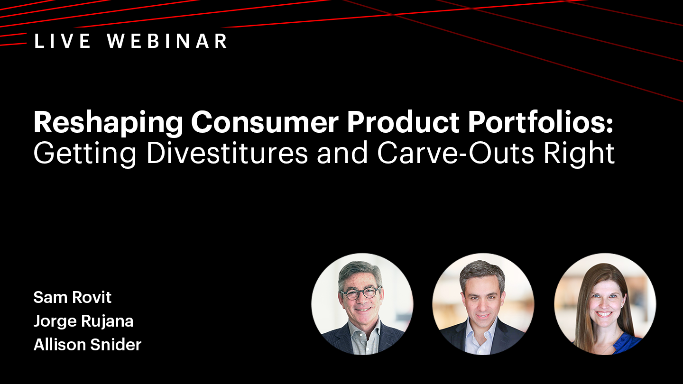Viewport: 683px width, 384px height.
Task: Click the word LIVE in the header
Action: click(63, 41)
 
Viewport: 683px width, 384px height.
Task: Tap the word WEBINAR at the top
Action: click(167, 41)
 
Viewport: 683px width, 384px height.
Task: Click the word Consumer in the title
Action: click(265, 122)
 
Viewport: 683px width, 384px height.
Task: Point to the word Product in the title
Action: click(403, 122)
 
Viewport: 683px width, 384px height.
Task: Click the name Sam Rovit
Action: click(72, 297)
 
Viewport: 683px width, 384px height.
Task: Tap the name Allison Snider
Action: click(87, 345)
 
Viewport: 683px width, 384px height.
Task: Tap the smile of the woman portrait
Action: click(604, 314)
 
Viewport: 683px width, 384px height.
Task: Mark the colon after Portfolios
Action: click(609, 126)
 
